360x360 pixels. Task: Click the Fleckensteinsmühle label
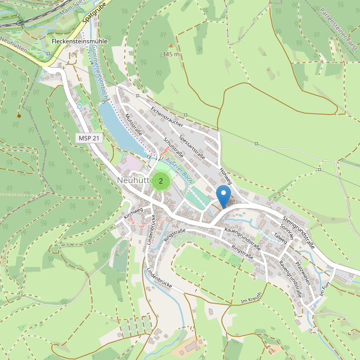tap(79, 41)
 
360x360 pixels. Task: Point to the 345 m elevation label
tap(170, 54)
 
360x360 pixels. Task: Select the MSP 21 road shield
tap(88, 139)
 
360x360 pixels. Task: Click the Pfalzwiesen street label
tap(303, 272)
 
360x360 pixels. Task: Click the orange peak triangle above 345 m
tap(170, 45)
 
